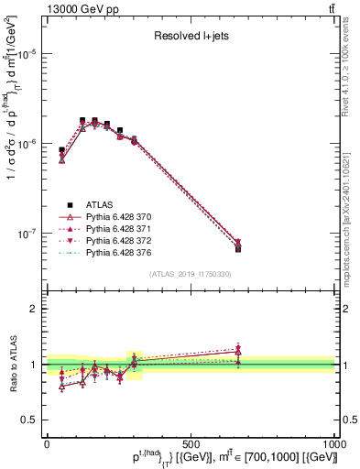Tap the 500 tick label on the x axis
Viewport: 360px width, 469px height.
pos(191,442)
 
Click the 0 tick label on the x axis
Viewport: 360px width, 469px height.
pos(47,442)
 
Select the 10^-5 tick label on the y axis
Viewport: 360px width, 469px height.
pos(27,54)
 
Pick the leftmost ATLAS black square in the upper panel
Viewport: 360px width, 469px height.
pos(61,149)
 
